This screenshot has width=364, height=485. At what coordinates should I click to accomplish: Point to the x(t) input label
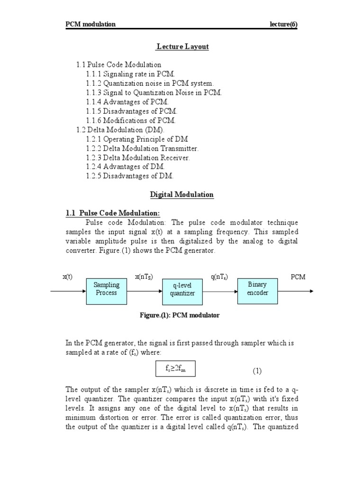[67, 277]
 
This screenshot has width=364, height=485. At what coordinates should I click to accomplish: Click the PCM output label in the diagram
[298, 277]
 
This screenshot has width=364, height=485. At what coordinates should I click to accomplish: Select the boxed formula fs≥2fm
[175, 368]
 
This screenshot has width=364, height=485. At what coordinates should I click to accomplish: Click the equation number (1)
[256, 370]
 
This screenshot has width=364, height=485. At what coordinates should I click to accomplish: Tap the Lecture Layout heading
[182, 46]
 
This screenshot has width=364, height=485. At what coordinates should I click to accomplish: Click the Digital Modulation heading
[182, 195]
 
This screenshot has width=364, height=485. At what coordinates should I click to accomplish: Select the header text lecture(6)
[284, 25]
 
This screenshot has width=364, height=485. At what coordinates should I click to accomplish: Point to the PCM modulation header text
[91, 25]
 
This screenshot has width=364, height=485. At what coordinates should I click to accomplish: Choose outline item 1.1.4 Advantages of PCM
[127, 102]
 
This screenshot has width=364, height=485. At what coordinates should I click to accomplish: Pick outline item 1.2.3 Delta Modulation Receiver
[138, 158]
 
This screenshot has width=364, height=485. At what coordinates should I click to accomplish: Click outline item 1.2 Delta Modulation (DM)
[122, 129]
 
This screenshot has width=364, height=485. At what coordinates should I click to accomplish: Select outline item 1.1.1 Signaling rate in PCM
[131, 74]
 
